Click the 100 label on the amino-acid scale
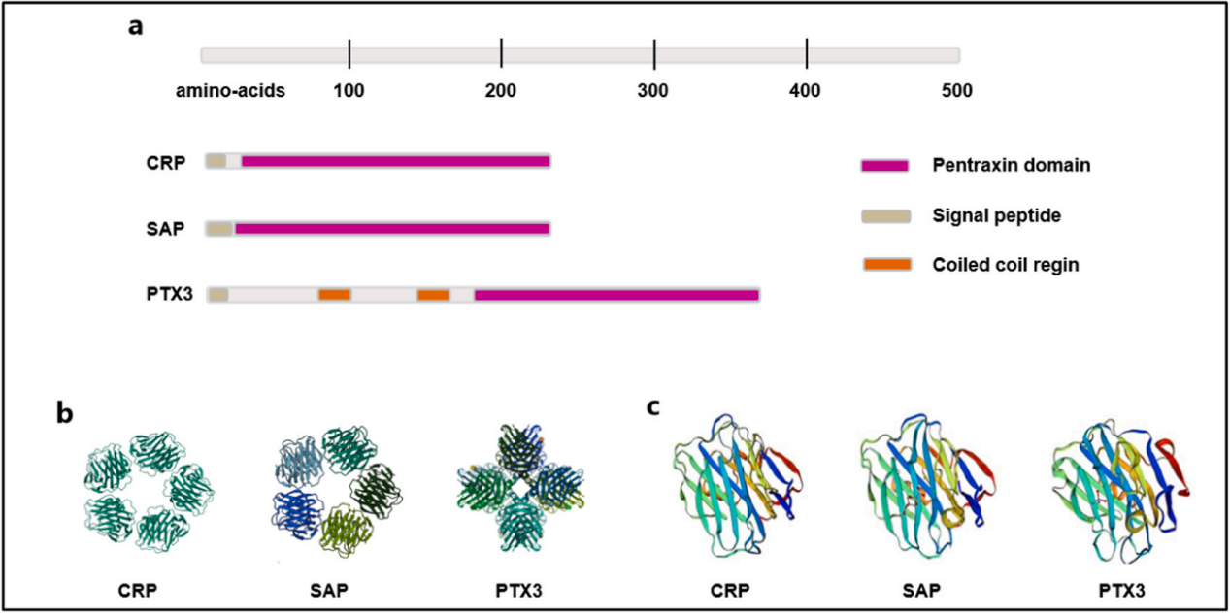pyautogui.click(x=349, y=92)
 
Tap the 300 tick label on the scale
pyautogui.click(x=654, y=92)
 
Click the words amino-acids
pyautogui.click(x=230, y=92)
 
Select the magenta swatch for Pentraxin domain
pyautogui.click(x=883, y=166)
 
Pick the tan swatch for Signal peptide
pyautogui.click(x=883, y=214)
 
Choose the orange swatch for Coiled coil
pyautogui.click(x=883, y=263)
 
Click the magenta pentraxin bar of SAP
pyautogui.click(x=392, y=229)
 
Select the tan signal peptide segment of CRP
pyautogui.click(x=216, y=161)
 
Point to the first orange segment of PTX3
pyautogui.click(x=334, y=294)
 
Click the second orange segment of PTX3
pyautogui.click(x=433, y=294)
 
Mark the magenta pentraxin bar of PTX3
pyautogui.click(x=616, y=294)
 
